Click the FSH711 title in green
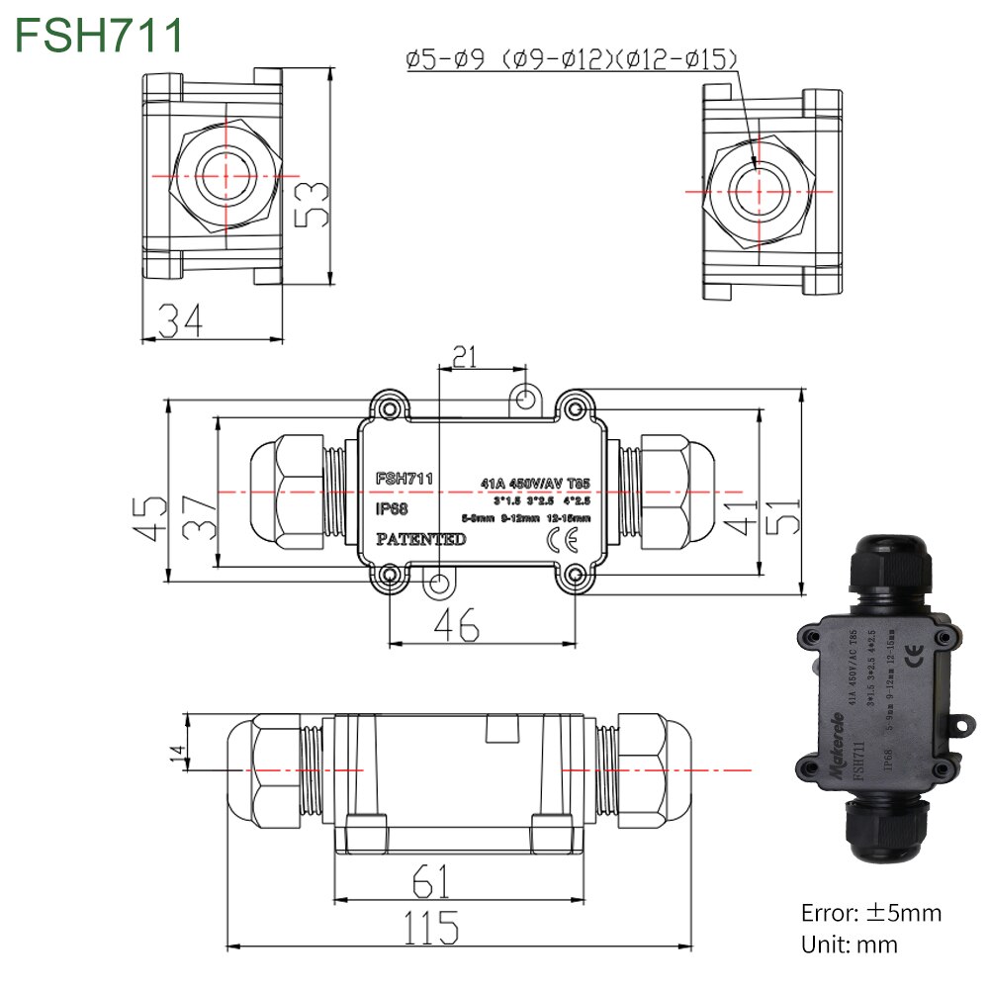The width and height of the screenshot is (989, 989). [x=99, y=35]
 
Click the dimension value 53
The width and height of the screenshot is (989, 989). [x=315, y=204]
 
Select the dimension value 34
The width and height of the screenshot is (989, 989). [x=181, y=319]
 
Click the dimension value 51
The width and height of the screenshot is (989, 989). [x=781, y=514]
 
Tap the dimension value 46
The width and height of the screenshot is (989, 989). [x=457, y=624]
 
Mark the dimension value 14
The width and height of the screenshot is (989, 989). [x=177, y=754]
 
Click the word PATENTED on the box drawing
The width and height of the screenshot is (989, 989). [x=420, y=539]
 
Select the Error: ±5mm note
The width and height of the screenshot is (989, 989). [x=871, y=912]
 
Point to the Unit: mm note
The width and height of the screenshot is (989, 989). [x=849, y=944]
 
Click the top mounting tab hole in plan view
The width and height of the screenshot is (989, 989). [x=526, y=398]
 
